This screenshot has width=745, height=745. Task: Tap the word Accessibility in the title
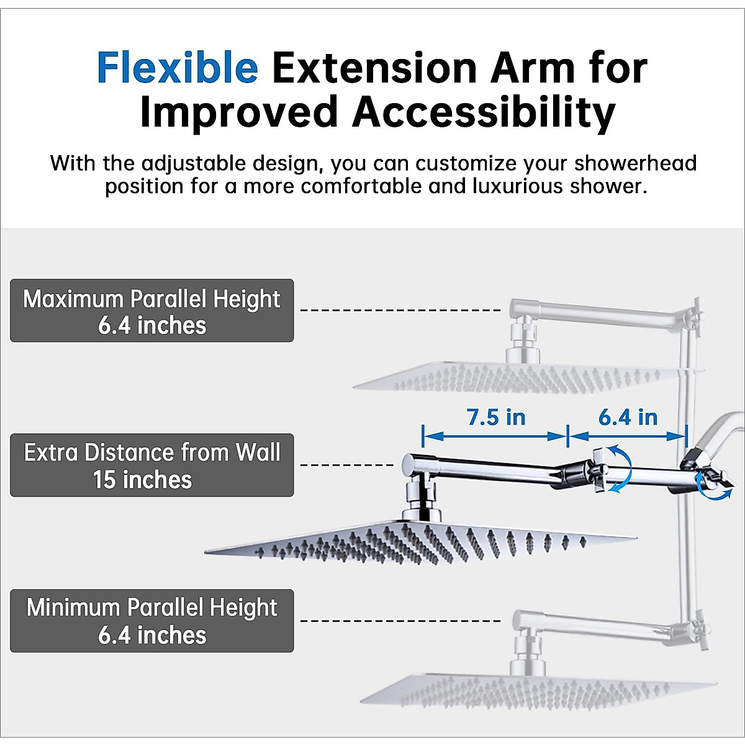[x=484, y=113]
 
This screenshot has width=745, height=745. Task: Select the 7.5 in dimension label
[x=496, y=417]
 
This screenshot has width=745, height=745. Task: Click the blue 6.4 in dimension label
[x=628, y=417]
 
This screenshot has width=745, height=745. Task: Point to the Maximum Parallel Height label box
[x=152, y=310]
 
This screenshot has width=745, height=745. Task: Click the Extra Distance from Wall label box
[x=152, y=465]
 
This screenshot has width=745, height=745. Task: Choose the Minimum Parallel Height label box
[x=152, y=621]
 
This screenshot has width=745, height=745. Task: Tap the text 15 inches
[x=143, y=480]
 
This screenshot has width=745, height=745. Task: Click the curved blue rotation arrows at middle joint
[x=621, y=469]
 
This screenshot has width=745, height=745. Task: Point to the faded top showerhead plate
[x=528, y=377]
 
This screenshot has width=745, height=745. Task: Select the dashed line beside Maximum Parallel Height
[x=400, y=310]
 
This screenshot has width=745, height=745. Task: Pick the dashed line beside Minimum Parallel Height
[x=400, y=620]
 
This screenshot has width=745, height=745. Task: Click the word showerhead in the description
[x=635, y=164]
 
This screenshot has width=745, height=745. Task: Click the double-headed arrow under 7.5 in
[x=495, y=436]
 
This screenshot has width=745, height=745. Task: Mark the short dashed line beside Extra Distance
[x=347, y=464]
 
